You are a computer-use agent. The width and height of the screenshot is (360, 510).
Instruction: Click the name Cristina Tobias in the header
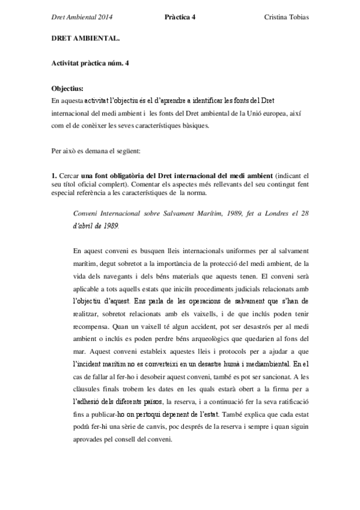pyautogui.click(x=286, y=17)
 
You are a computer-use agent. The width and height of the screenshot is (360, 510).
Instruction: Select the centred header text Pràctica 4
pyautogui.click(x=180, y=17)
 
